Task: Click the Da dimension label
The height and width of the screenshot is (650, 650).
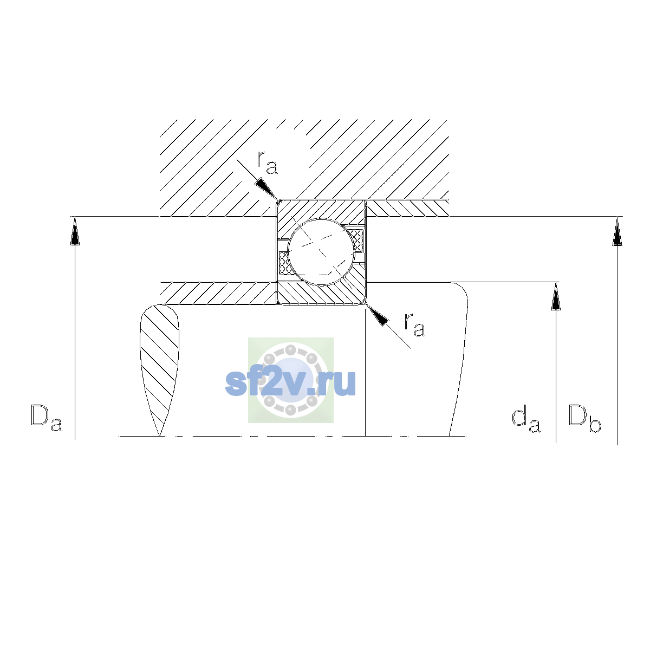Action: tap(47, 418)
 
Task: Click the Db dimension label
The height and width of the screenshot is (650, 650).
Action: tap(584, 418)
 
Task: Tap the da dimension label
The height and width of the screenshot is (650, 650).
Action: tap(526, 419)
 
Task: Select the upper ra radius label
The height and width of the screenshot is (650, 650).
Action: tap(267, 162)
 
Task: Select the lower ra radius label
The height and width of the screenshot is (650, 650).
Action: tap(415, 324)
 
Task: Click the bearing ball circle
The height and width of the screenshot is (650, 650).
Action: tap(321, 252)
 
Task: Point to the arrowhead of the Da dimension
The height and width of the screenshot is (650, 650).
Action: tap(75, 231)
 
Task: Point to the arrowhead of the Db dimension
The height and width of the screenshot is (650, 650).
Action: tap(617, 231)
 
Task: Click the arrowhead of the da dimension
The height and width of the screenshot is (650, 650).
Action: tap(556, 296)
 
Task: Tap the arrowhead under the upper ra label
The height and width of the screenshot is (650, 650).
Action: tap(266, 188)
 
